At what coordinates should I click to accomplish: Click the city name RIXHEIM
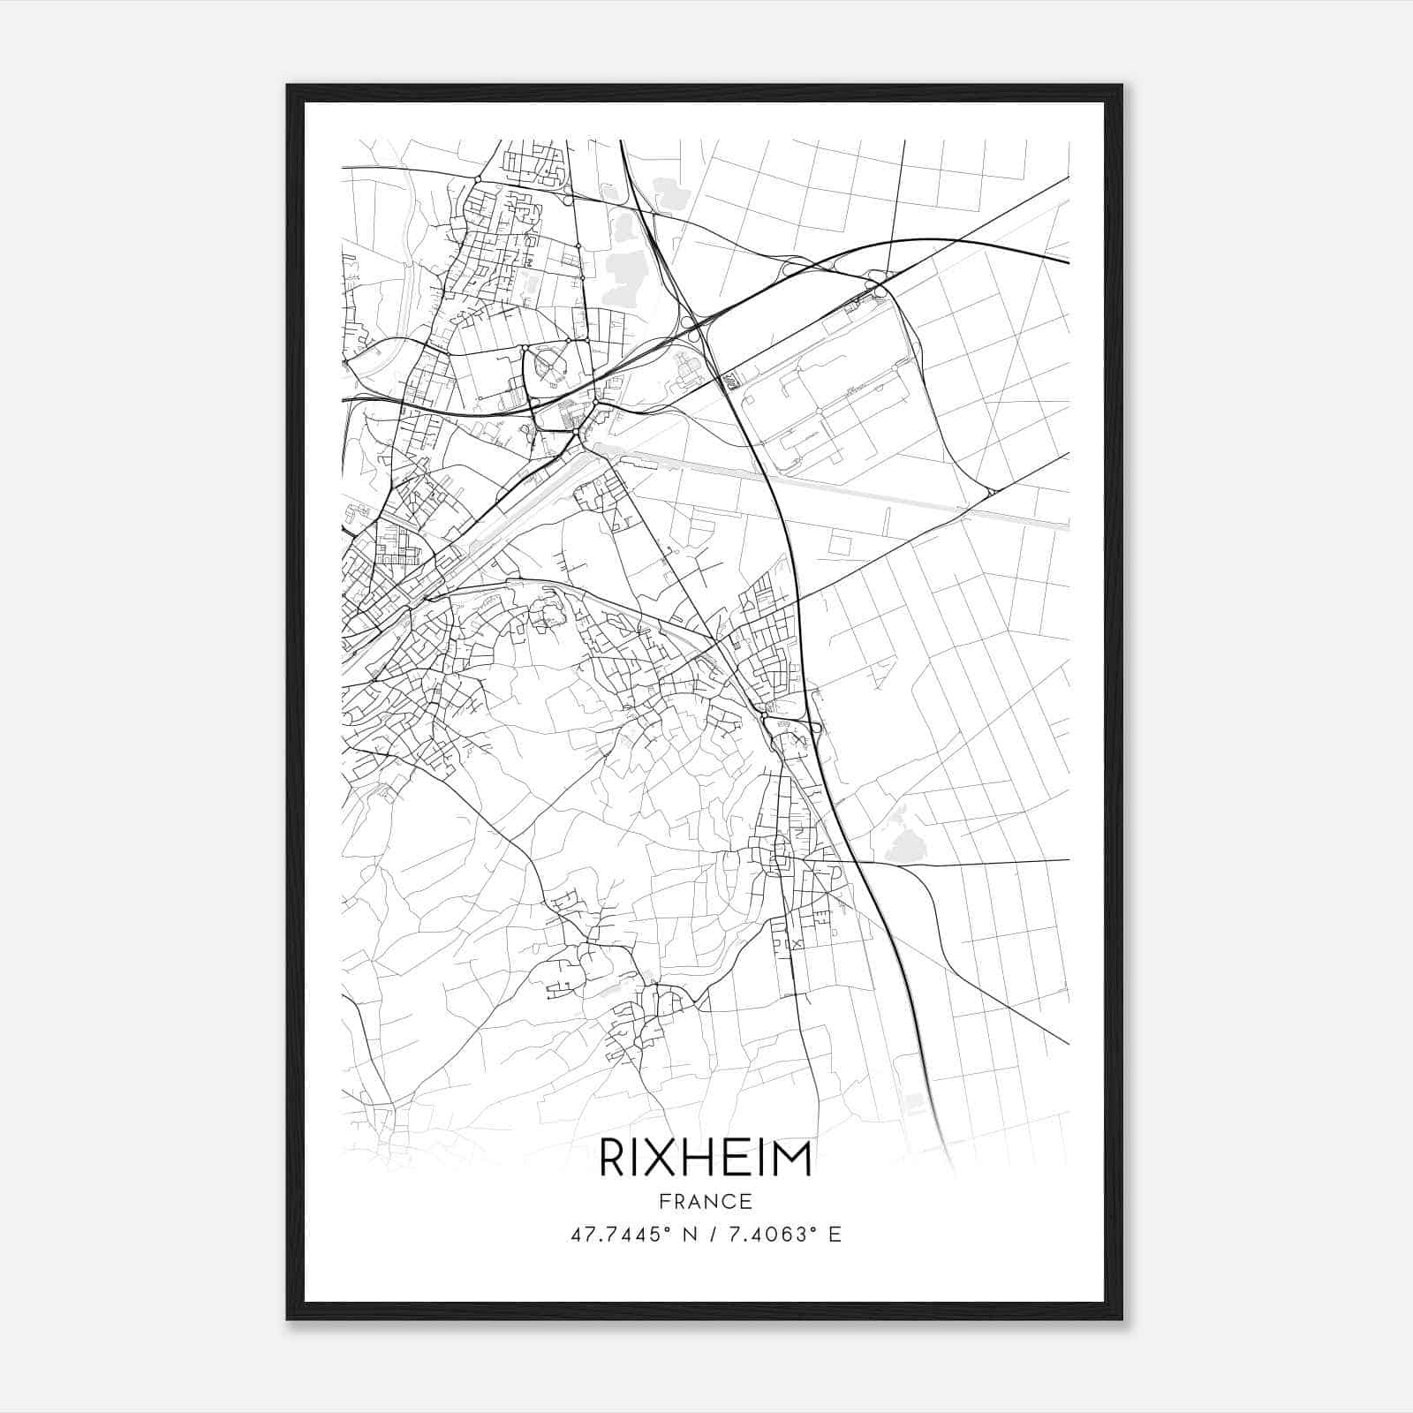(x=706, y=1159)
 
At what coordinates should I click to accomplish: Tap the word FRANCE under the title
(x=706, y=1201)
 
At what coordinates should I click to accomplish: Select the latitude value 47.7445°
(x=616, y=1235)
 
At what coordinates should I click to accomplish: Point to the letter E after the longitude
(x=835, y=1235)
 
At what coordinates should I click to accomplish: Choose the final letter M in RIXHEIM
(x=794, y=1159)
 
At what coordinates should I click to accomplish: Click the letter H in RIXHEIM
(x=693, y=1159)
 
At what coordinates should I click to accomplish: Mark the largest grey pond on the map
(x=626, y=269)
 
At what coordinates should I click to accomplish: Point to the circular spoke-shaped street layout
(x=548, y=365)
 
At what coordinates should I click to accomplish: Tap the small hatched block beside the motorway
(x=729, y=380)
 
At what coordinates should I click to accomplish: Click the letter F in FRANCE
(x=663, y=1201)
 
